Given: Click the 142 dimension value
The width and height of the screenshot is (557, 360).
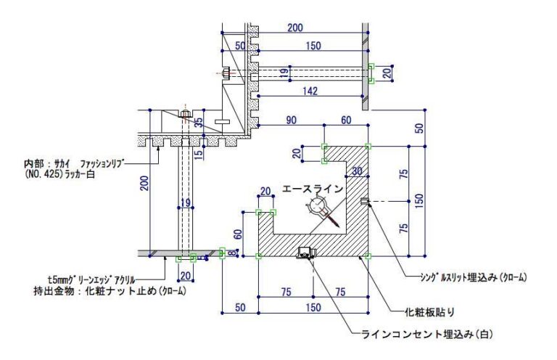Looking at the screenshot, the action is (310, 91).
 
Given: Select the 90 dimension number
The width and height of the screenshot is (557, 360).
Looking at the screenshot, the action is (291, 120).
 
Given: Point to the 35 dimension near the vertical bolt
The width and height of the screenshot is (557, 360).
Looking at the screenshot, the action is (199, 122).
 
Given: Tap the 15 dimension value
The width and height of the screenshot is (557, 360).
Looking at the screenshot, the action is (199, 154).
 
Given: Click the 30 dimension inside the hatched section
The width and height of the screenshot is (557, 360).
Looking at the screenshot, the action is (357, 171).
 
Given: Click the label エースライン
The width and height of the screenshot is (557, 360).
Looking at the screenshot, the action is (313, 189).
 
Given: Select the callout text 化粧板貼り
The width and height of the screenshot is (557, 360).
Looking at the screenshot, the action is (430, 312).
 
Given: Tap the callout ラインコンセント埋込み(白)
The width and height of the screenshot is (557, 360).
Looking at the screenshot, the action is (427, 334).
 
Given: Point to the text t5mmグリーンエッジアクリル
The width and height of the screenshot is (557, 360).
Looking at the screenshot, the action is (91, 279).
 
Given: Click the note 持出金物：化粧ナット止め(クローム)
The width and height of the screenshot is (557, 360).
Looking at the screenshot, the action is (110, 291).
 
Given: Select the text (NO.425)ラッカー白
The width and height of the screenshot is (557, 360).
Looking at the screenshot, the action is (59, 174).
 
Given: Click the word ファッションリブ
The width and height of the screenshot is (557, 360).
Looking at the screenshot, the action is (103, 164).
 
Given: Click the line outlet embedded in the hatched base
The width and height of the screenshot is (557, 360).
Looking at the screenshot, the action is (307, 253).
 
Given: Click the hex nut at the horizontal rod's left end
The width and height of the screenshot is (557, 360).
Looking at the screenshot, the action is (226, 74).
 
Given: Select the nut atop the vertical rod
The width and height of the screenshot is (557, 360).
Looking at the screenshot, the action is (185, 114).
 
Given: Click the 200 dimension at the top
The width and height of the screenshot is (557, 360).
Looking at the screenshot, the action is (295, 28).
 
